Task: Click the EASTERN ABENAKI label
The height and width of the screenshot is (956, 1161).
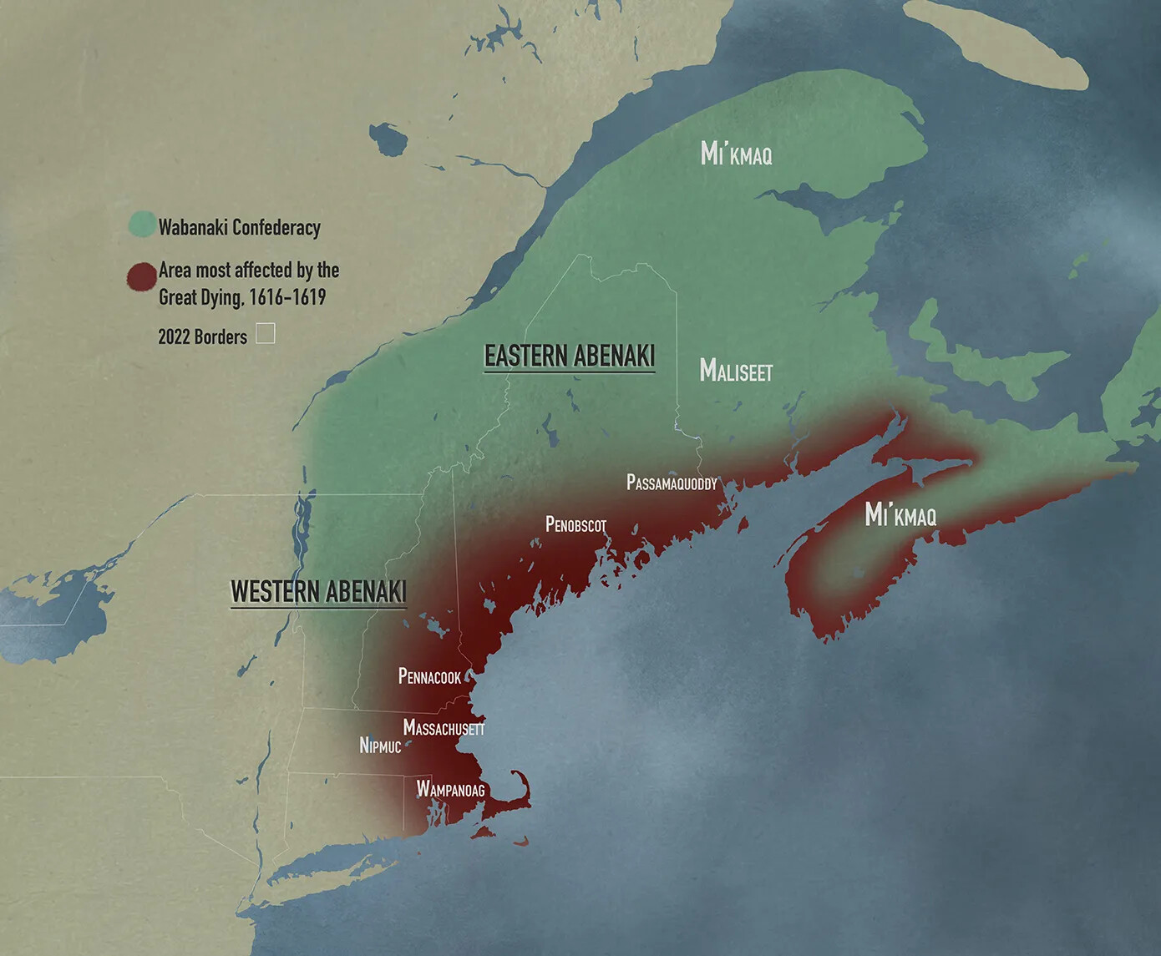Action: tap(570, 356)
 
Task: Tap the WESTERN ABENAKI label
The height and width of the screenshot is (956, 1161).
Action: tap(318, 591)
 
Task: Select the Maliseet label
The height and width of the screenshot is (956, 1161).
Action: tap(736, 370)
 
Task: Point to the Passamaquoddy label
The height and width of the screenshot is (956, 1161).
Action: tap(672, 483)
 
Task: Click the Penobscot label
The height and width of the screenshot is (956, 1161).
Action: tap(575, 524)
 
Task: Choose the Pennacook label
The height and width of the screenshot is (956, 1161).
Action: tap(429, 676)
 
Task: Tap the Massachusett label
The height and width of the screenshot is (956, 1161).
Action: tap(444, 728)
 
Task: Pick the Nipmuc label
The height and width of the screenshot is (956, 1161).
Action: tap(380, 746)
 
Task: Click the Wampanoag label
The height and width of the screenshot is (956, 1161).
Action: tap(450, 789)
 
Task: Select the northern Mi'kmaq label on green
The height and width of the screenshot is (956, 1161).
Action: tap(736, 154)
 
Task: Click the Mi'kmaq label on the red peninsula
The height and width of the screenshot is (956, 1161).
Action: tap(900, 514)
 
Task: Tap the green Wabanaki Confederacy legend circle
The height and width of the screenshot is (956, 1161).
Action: tap(142, 225)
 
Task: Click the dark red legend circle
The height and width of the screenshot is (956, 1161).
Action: tap(142, 276)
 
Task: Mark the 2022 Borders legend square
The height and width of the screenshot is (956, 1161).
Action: tap(265, 334)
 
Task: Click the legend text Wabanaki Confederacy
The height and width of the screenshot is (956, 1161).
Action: tap(240, 227)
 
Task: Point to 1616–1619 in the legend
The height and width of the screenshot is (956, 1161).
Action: tap(287, 297)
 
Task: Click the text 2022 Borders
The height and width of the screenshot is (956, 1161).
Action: tap(203, 336)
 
